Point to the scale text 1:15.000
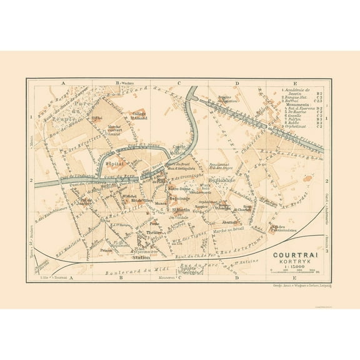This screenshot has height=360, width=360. (294, 267)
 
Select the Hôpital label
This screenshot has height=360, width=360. (113, 161)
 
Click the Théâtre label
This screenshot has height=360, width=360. (154, 232)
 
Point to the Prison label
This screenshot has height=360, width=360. (107, 249)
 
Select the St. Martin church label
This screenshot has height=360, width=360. (181, 209)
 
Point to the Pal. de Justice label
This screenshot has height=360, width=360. (84, 201)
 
